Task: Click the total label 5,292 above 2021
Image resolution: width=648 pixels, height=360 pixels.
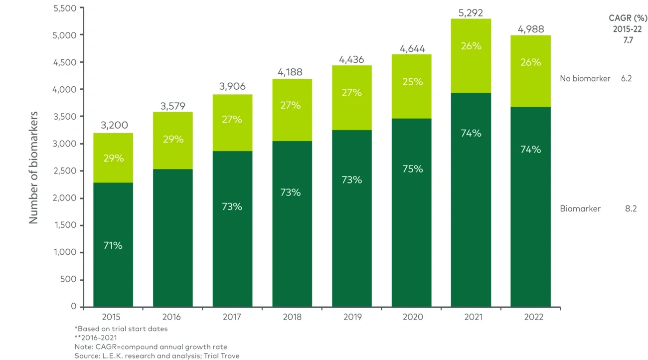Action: coord(471,13)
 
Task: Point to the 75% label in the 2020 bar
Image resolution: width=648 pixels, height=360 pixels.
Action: coord(412,169)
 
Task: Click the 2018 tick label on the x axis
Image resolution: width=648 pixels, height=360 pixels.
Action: coord(292,317)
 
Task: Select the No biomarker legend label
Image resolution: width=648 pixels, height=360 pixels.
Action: coord(585,78)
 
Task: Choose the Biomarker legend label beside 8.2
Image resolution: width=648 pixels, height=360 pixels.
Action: coord(580,209)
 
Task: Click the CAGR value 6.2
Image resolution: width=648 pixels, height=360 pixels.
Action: coord(627,78)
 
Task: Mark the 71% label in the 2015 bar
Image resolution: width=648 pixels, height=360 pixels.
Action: coord(113,245)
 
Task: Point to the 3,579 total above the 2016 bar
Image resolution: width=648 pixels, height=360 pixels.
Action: coord(172,106)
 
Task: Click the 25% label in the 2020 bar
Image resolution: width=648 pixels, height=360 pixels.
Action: coord(412,81)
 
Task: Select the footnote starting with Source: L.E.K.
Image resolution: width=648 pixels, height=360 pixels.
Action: coord(157,356)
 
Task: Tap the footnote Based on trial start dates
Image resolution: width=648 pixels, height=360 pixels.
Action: coord(121,329)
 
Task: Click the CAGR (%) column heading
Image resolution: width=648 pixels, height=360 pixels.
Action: coord(627,18)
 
